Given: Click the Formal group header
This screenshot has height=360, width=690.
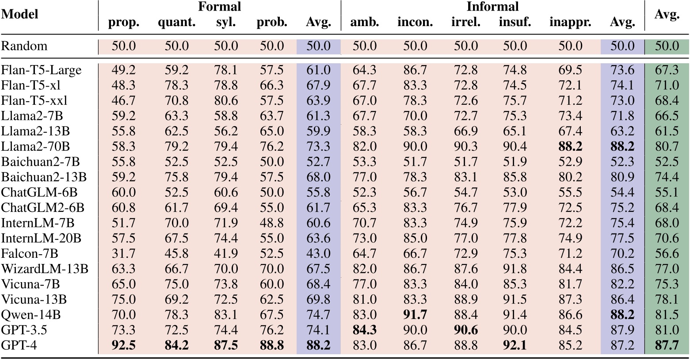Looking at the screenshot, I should click(x=219, y=7).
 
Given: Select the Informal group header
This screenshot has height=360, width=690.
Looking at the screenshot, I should click(x=492, y=7).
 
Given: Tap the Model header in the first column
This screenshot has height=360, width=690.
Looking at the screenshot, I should click(x=20, y=14).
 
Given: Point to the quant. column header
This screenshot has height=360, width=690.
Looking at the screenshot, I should click(x=177, y=23).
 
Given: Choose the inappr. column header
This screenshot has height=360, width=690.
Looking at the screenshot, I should click(x=570, y=23).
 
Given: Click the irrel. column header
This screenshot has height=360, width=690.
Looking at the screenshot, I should click(x=465, y=23).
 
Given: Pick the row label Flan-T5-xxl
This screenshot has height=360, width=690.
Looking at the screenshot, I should click(x=34, y=101).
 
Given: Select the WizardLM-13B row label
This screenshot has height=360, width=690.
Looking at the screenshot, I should click(x=45, y=269).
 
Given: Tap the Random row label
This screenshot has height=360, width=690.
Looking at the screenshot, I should click(x=24, y=46).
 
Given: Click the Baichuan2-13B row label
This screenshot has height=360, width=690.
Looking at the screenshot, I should click(x=44, y=177).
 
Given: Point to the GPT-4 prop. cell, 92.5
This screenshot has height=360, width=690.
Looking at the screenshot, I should click(x=123, y=345).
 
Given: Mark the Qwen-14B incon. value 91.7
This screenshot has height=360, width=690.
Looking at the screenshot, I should click(x=415, y=315).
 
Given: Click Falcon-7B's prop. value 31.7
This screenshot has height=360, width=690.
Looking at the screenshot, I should click(x=123, y=254).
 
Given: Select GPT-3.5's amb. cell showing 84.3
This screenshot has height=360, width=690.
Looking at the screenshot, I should click(x=365, y=330).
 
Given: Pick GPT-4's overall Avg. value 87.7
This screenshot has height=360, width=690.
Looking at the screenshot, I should click(x=667, y=345).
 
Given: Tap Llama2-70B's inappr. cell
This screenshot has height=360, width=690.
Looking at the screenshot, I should click(x=570, y=147).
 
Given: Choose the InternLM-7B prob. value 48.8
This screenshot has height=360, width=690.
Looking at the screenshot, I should click(x=272, y=223).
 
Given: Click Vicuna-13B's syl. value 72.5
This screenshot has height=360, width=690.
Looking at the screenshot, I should click(x=226, y=300).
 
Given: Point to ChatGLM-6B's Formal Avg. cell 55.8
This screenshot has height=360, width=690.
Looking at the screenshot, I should click(x=318, y=193).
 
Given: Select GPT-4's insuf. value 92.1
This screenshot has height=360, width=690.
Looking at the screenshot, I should click(x=515, y=345).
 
